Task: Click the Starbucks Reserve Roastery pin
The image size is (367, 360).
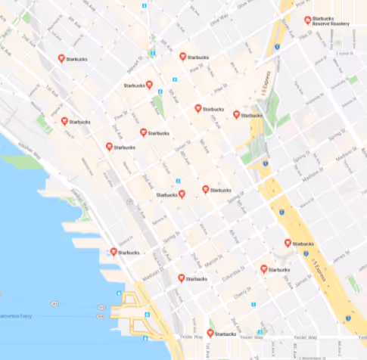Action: pyautogui.click(x=306, y=20)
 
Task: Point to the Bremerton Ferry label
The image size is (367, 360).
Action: pyautogui.click(x=15, y=315)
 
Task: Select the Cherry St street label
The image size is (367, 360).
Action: pyautogui.click(x=244, y=288)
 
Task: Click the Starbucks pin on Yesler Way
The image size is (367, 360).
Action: pyautogui.click(x=210, y=332)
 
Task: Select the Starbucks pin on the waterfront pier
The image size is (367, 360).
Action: pyautogui.click(x=114, y=251)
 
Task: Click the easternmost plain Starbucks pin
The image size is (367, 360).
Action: pyautogui.click(x=288, y=243)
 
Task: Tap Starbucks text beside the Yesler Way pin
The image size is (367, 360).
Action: pyautogui.click(x=225, y=334)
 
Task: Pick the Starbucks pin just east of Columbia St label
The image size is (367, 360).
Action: pyautogui.click(x=263, y=268)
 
